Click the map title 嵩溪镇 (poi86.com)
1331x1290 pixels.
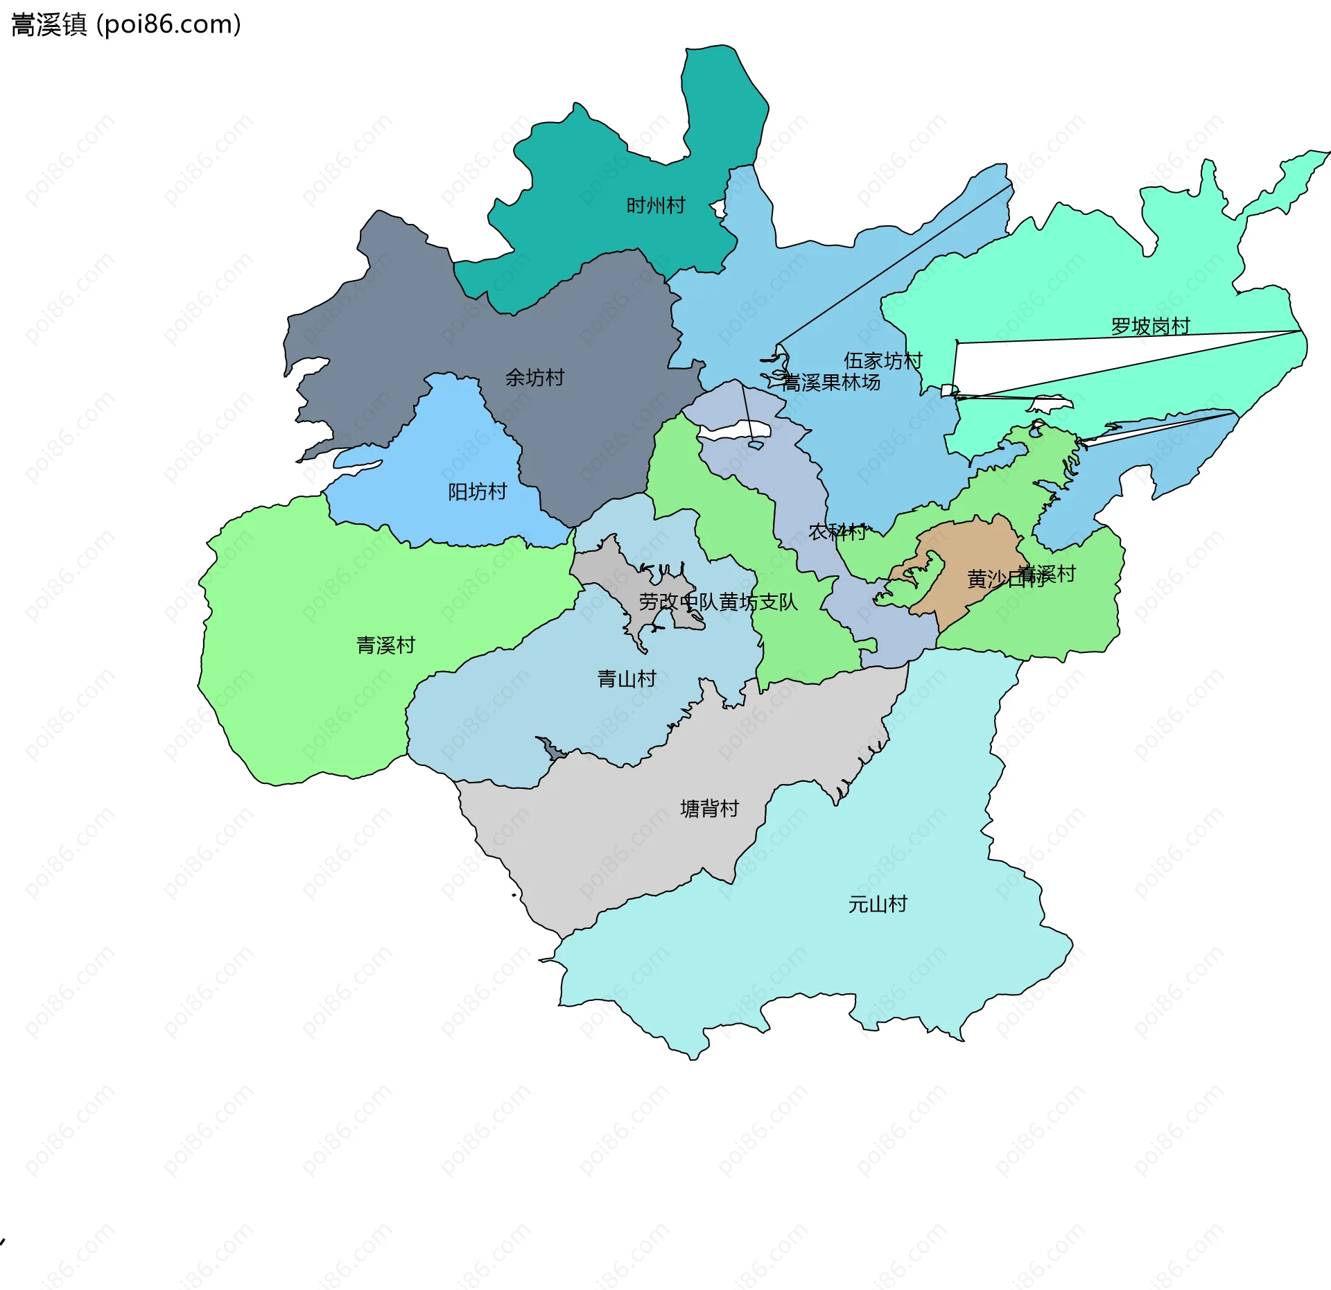(x=126, y=25)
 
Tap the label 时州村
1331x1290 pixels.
(x=655, y=206)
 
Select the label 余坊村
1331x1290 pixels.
(x=534, y=378)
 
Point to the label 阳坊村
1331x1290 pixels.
(x=477, y=492)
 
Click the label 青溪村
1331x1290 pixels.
(x=385, y=645)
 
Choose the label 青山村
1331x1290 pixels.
(x=627, y=679)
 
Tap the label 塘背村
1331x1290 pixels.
(x=709, y=809)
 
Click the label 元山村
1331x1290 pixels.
(x=878, y=905)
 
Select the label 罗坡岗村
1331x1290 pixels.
(x=1150, y=326)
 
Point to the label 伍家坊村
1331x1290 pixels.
(x=882, y=360)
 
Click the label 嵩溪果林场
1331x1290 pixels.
(x=830, y=383)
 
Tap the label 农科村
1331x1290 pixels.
(x=837, y=532)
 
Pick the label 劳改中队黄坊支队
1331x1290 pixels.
(x=717, y=602)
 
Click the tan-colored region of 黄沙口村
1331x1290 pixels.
(x=971, y=548)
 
